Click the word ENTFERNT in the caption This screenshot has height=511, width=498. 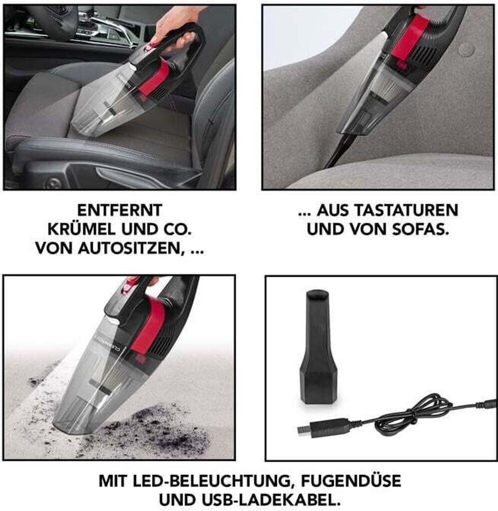tap(120, 210)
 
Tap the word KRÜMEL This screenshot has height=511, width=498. tap(81, 230)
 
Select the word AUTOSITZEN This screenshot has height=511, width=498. tap(130, 249)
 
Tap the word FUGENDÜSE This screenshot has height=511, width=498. tap(351, 480)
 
